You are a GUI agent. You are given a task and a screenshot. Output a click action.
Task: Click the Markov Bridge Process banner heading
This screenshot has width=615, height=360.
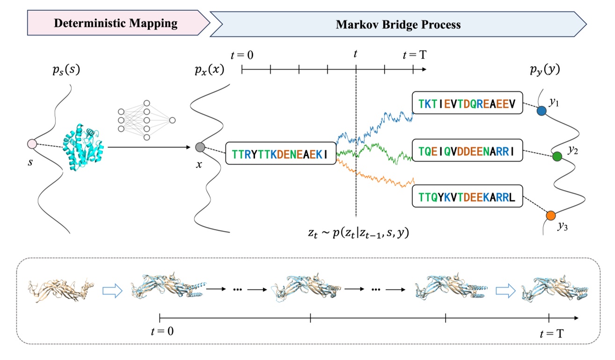point(398,24)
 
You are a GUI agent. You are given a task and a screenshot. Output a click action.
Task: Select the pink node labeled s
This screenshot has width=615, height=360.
point(32,144)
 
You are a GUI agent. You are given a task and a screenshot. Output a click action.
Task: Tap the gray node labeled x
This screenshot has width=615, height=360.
point(200,147)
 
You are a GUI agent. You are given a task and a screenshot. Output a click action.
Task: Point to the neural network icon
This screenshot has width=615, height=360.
point(146,120)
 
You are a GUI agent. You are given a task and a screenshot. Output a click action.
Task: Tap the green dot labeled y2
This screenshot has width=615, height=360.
point(557,156)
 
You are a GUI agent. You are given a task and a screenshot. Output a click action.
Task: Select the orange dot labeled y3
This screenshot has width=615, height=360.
point(551,215)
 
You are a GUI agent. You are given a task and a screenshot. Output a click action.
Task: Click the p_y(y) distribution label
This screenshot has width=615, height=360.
point(544,70)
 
